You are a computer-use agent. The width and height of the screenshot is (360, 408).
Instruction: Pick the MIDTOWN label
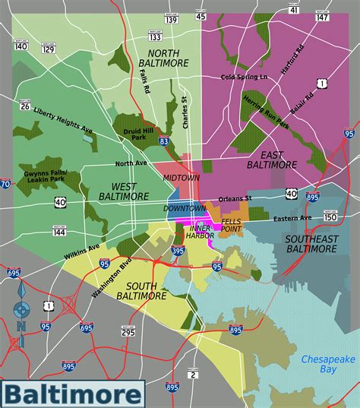pos(182,177)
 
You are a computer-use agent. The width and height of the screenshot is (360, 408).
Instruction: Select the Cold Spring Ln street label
pos(244,77)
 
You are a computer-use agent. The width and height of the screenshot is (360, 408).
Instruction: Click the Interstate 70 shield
pos(5,184)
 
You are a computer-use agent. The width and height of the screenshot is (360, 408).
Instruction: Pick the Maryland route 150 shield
pos(330,217)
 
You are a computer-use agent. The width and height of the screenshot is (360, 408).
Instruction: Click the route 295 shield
pos(128,331)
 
